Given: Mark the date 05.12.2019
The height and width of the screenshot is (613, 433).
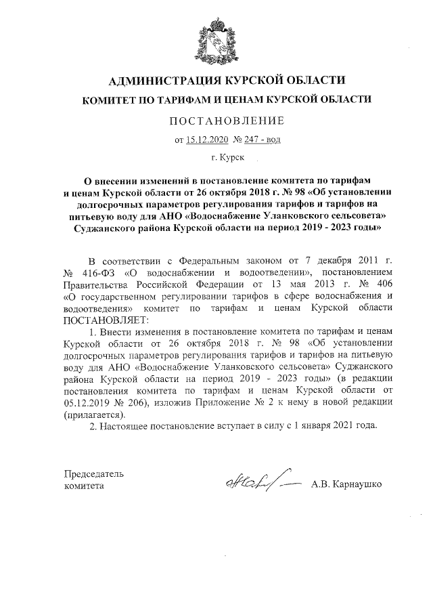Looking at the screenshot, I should pyautogui.click(x=89, y=402).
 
